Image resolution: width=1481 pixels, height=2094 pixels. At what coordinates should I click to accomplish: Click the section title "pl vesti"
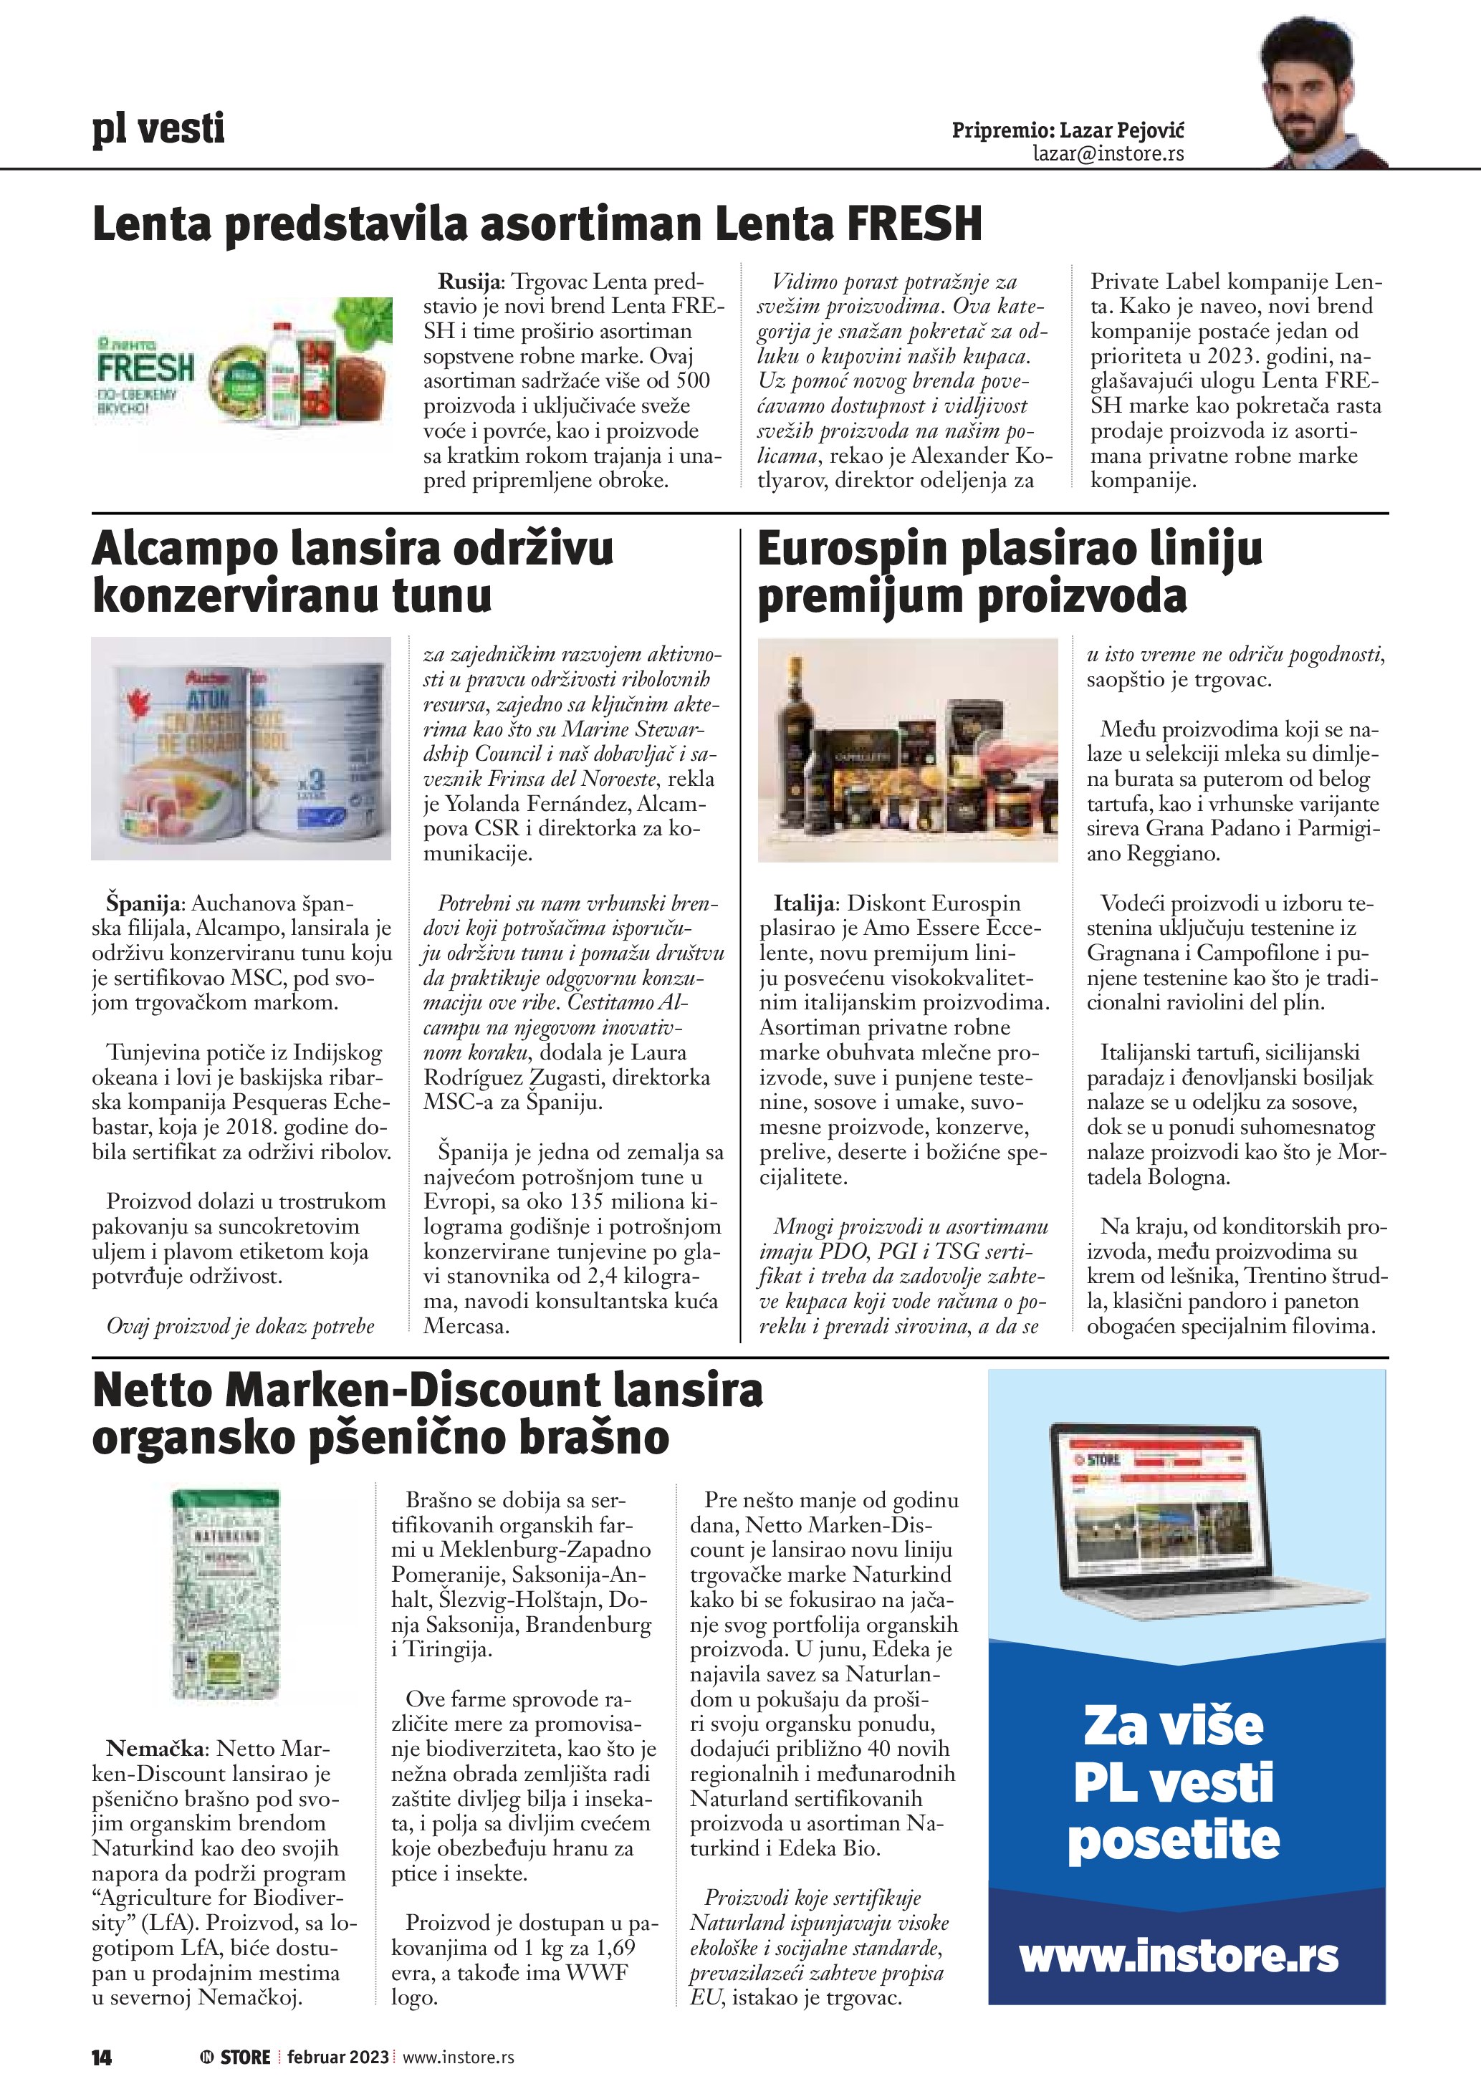click(x=158, y=129)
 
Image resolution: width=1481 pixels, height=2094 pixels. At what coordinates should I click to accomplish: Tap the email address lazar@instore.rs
click(x=1108, y=153)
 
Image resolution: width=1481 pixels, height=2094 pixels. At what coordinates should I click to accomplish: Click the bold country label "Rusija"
click(x=471, y=282)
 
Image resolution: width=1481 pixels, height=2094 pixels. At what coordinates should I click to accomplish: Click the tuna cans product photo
click(x=241, y=748)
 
